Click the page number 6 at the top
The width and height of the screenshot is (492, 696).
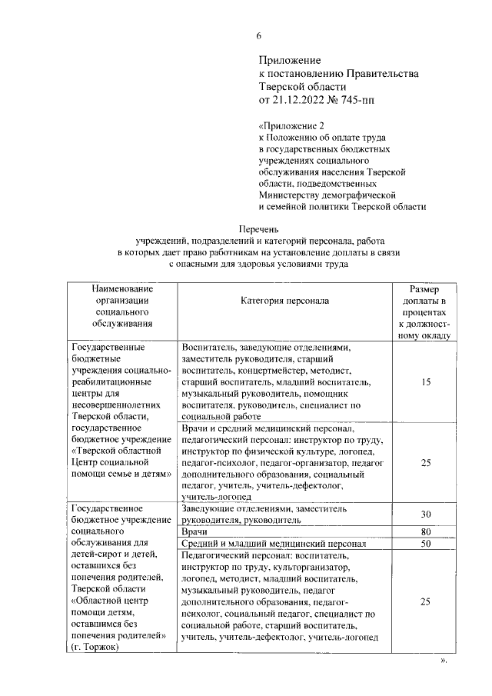pyautogui.click(x=259, y=36)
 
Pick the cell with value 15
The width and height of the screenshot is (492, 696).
pyautogui.click(x=425, y=381)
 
